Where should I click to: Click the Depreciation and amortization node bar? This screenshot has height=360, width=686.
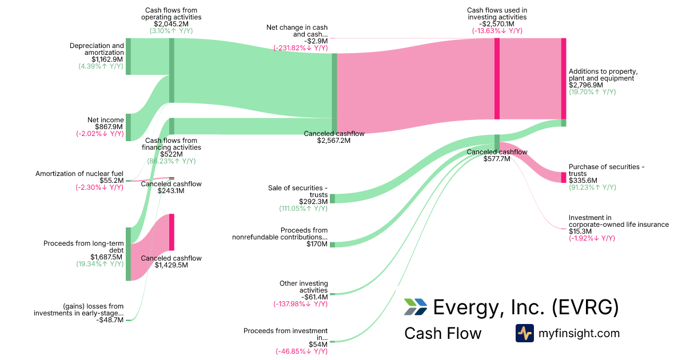pos(128,56)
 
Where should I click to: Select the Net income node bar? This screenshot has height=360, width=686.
pos(128,127)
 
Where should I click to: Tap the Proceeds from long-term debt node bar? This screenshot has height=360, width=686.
pos(128,254)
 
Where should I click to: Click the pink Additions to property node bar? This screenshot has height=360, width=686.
pos(564,78)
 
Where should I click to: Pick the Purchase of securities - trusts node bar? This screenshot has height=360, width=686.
pos(564,177)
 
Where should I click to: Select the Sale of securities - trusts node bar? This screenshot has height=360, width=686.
pos(333,198)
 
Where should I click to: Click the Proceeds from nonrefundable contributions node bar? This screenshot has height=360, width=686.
pos(333,245)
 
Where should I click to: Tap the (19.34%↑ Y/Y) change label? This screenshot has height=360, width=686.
pos(100,264)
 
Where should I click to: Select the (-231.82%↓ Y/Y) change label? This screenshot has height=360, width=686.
pos(300,48)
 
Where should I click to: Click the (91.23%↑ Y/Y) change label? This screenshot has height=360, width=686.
pos(592,187)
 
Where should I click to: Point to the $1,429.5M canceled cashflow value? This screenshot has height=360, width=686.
pos(171,265)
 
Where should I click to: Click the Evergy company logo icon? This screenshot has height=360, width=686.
pos(415,307)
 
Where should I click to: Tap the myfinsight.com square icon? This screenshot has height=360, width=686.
pos(525,333)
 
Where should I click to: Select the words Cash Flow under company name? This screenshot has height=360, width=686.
pos(442,333)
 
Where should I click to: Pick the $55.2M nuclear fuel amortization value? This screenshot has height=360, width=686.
pos(111,181)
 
